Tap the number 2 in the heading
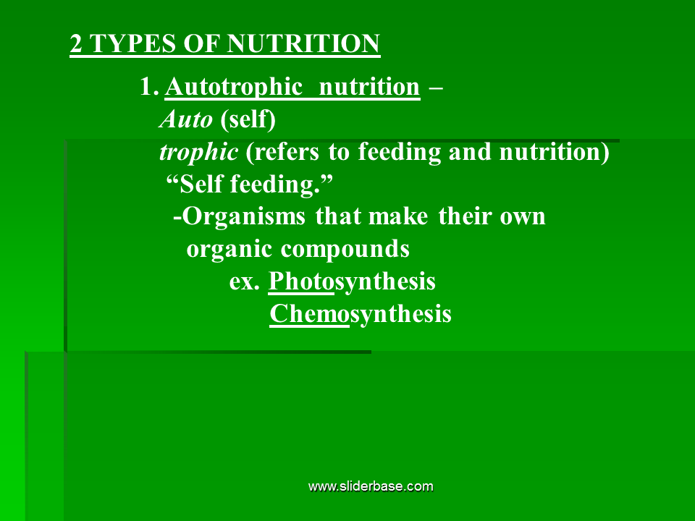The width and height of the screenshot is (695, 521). pyautogui.click(x=76, y=44)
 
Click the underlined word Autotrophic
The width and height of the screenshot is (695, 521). pyautogui.click(x=234, y=88)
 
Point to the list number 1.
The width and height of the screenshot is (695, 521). pyautogui.click(x=148, y=86)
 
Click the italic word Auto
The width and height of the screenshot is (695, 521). pyautogui.click(x=186, y=119)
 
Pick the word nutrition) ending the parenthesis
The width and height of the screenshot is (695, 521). pyautogui.click(x=555, y=152)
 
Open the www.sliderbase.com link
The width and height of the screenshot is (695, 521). pyautogui.click(x=371, y=486)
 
